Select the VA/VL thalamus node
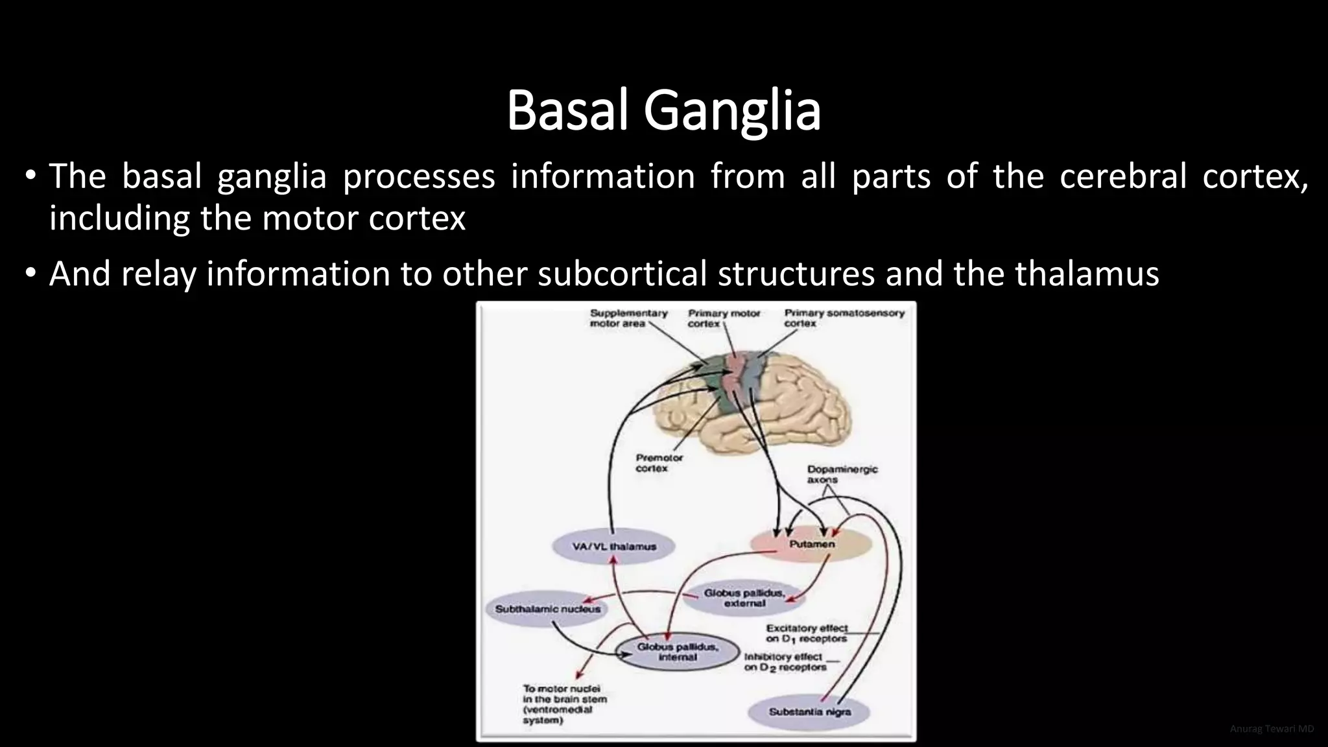[613, 546]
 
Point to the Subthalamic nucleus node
[547, 609]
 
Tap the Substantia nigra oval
[809, 712]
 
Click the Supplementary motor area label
[628, 318]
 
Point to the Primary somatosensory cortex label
[843, 318]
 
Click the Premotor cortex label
[658, 462]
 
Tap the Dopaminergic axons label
[841, 474]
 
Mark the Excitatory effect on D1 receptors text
[806, 633]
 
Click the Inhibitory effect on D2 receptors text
[784, 661]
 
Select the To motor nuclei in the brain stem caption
[564, 704]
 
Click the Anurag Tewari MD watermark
[1272, 729]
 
